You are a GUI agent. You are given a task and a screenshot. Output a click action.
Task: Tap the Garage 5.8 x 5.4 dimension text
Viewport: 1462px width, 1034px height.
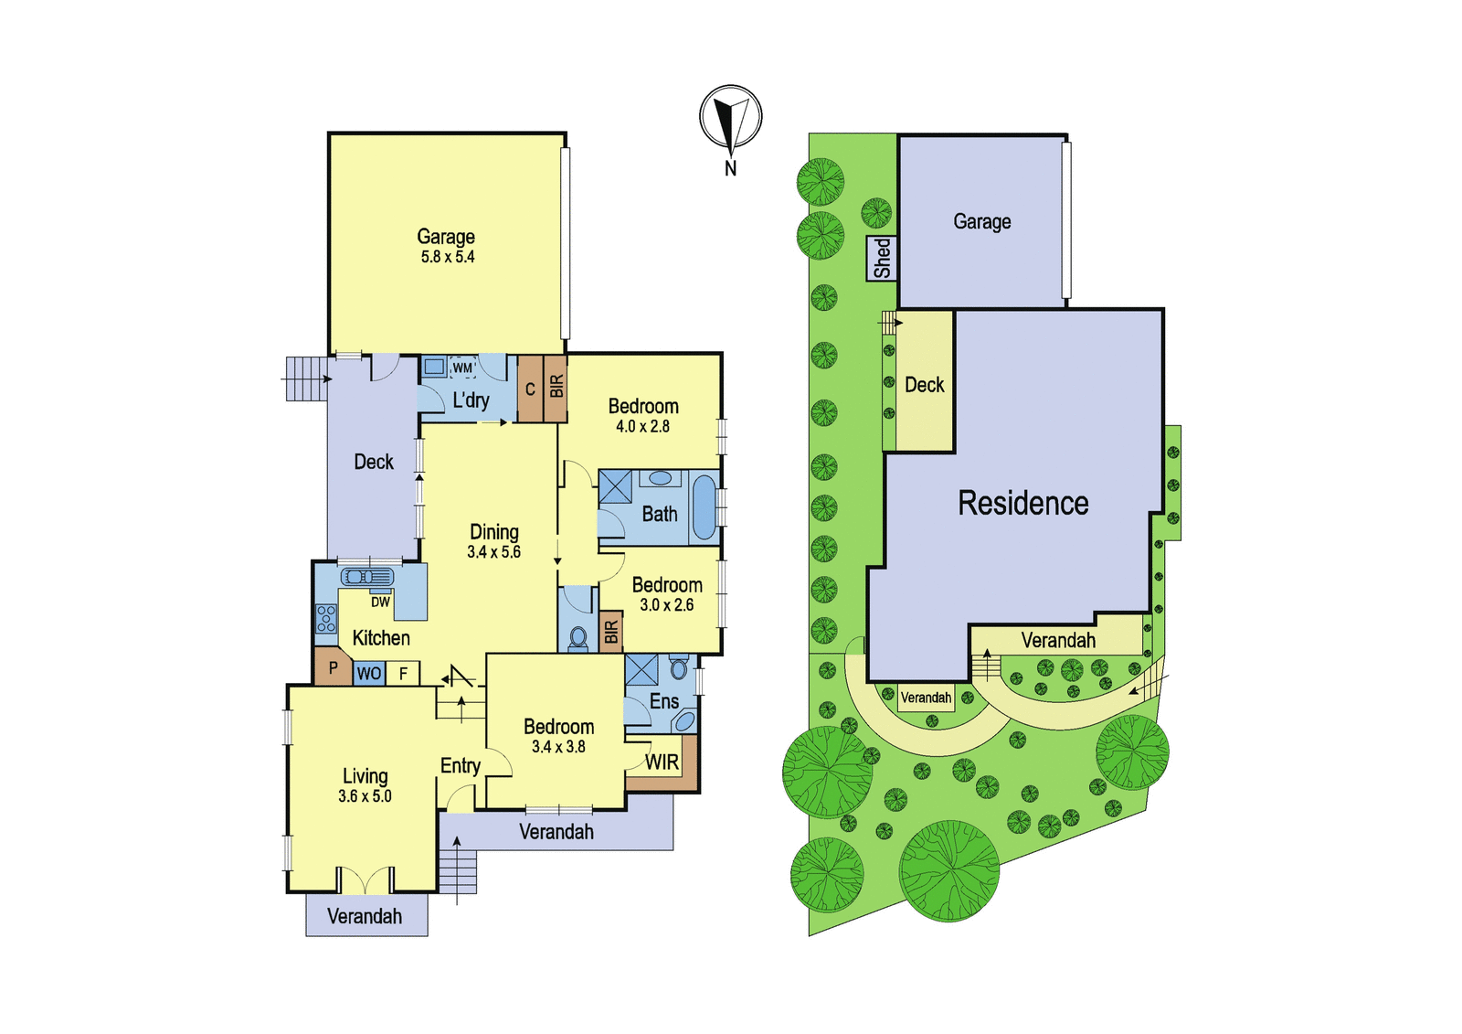pos(448,257)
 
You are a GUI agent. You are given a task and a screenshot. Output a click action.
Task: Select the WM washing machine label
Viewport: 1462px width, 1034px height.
pos(462,368)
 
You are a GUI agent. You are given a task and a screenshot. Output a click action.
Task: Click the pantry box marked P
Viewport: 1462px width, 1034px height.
pos(334,666)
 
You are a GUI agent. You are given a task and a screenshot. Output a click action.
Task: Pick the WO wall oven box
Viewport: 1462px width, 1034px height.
pos(369,674)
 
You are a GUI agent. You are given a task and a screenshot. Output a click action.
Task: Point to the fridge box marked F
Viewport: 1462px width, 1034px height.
pos(403,674)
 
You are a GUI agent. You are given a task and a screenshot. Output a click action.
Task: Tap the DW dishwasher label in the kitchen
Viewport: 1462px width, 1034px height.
pos(380,602)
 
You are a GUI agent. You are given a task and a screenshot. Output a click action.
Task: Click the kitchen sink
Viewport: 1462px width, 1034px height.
pos(367,577)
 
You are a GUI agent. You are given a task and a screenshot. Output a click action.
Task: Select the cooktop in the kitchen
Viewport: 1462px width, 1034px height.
pos(326,619)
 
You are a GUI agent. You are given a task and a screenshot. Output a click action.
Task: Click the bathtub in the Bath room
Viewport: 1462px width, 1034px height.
pos(704,507)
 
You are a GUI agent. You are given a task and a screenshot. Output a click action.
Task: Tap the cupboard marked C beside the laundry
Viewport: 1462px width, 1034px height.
pos(530,389)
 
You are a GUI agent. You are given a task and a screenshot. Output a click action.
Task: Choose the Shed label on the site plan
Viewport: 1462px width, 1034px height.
pos(882,259)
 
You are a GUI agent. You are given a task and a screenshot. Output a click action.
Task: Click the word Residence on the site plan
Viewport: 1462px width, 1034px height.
pos(1022,503)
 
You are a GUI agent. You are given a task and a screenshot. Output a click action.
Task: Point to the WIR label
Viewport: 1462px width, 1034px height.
pos(662,762)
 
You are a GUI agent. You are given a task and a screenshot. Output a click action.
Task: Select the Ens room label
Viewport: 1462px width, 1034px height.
pos(664,701)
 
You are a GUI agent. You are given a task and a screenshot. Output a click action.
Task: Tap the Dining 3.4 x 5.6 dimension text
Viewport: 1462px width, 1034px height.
pos(494,552)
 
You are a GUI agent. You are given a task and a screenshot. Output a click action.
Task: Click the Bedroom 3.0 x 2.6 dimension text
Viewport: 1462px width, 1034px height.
pos(667,605)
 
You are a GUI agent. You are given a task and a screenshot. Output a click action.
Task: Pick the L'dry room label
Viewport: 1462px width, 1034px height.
pos(471,400)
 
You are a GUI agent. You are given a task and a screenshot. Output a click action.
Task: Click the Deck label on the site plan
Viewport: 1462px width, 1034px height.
pos(924,385)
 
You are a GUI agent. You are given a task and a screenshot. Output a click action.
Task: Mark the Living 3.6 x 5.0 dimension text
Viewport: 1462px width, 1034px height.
pos(365,796)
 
